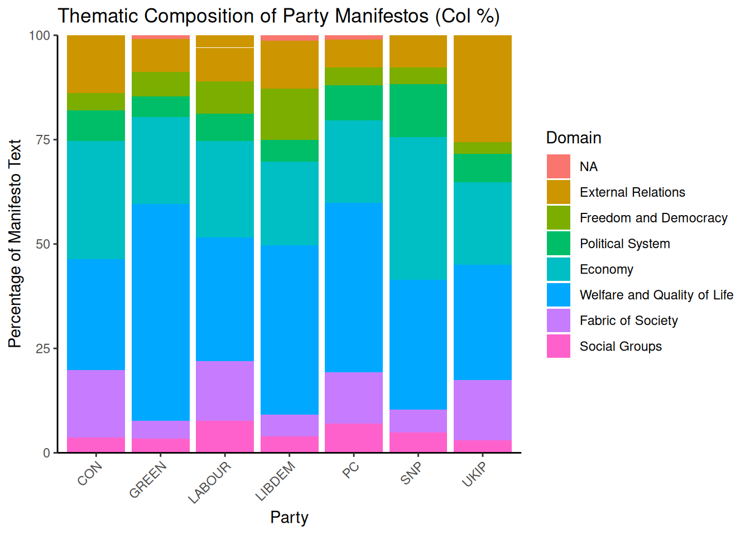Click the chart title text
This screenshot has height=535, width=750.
pyautogui.click(x=278, y=16)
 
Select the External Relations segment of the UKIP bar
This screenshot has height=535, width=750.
pyautogui.click(x=482, y=89)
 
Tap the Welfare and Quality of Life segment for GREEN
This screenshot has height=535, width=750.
pyautogui.click(x=161, y=312)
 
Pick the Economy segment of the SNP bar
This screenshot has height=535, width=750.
pyautogui.click(x=418, y=208)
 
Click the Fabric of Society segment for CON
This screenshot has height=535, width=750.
pyautogui.click(x=96, y=403)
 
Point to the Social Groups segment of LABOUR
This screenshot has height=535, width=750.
pyautogui.click(x=225, y=436)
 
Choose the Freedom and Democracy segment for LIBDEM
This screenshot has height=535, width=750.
pyautogui.click(x=290, y=114)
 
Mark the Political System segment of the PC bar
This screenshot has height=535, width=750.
pyautogui.click(x=354, y=103)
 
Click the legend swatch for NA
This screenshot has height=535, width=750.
pyautogui.click(x=558, y=167)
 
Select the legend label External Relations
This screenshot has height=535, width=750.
pyautogui.click(x=632, y=192)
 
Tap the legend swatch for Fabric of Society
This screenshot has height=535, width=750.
pyautogui.click(x=558, y=320)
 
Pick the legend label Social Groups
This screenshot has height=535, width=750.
pyautogui.click(x=621, y=346)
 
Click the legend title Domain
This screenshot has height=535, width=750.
pyautogui.click(x=573, y=138)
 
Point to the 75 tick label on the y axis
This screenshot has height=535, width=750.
pyautogui.click(x=43, y=140)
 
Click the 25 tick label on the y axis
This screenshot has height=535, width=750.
pyautogui.click(x=43, y=349)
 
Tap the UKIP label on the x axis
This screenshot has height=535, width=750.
pyautogui.click(x=475, y=474)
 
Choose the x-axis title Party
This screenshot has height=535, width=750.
pyautogui.click(x=289, y=517)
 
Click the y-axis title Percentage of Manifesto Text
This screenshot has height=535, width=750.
pyautogui.click(x=15, y=244)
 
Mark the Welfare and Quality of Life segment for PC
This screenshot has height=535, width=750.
pyautogui.click(x=354, y=287)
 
